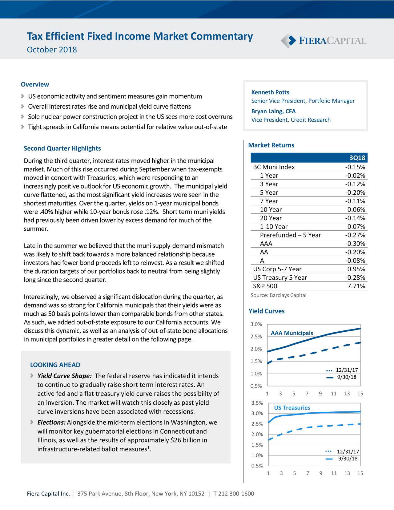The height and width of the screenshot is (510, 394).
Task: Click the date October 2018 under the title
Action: click(x=52, y=50)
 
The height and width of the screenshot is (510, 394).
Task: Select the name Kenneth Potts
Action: click(x=270, y=92)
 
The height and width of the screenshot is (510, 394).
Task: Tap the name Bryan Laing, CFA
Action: click(x=273, y=111)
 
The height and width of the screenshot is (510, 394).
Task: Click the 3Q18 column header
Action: click(x=357, y=158)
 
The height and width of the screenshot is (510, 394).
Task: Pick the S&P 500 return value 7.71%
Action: click(x=356, y=286)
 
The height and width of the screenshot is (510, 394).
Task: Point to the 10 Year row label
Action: click(x=271, y=210)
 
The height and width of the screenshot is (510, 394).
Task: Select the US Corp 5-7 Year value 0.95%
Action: click(x=356, y=269)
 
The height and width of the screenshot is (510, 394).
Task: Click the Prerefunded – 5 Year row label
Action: click(x=290, y=235)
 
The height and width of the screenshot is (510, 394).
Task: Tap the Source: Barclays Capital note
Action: click(x=278, y=295)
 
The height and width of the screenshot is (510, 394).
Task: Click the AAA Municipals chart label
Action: click(x=291, y=333)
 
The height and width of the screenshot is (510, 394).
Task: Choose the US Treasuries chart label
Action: click(x=292, y=408)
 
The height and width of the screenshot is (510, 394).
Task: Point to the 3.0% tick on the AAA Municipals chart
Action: click(x=256, y=324)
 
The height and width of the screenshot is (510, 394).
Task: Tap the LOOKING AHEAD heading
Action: click(x=55, y=365)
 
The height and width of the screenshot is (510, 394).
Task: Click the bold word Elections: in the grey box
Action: click(x=51, y=422)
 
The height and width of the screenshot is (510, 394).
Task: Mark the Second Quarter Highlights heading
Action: click(x=62, y=148)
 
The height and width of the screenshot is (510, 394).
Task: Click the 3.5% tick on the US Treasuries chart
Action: click(x=257, y=403)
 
